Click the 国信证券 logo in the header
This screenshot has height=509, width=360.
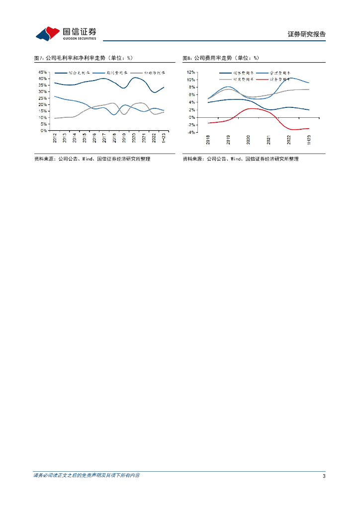(66, 33)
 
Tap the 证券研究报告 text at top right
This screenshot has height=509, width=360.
(306, 34)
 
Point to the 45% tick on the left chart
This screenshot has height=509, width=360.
(43, 72)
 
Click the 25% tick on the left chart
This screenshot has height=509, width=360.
(43, 98)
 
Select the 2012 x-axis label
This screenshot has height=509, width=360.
(55, 138)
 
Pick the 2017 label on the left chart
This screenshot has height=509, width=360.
(104, 138)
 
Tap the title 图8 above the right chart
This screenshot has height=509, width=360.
(221, 58)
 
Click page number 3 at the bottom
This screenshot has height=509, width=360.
(324, 476)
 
